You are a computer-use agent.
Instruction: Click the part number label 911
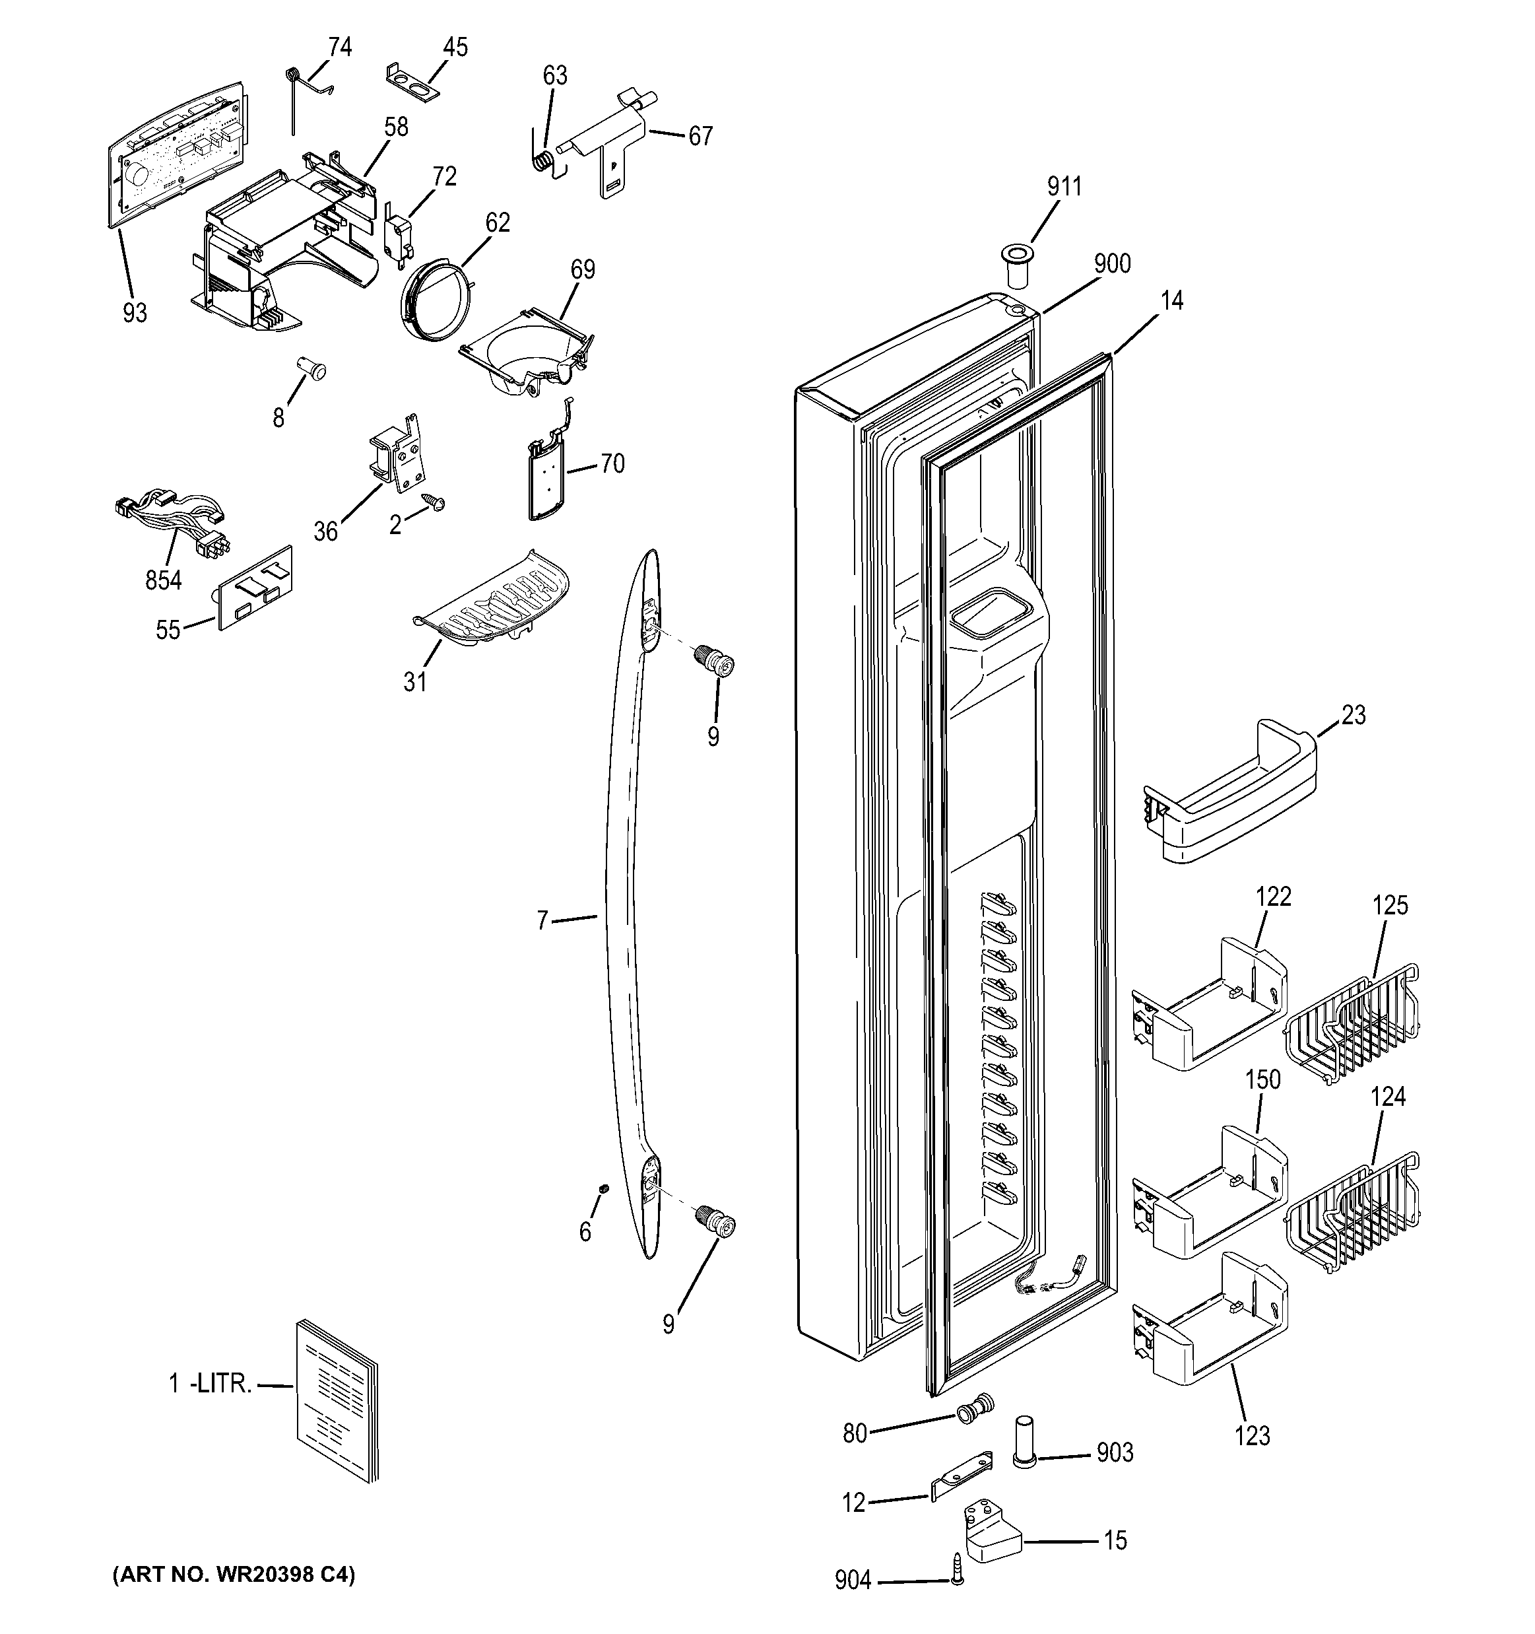tap(1063, 187)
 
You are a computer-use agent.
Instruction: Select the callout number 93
tap(135, 312)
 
